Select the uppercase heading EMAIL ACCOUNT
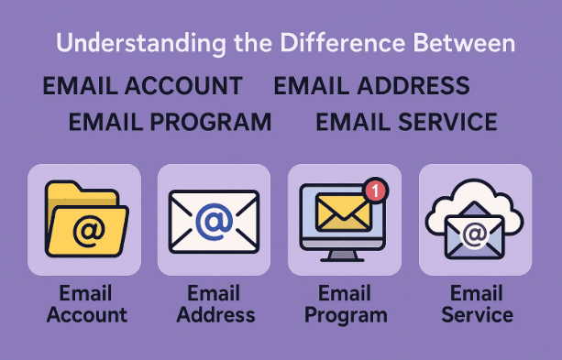coord(142,86)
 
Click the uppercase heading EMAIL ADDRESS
coord(371,86)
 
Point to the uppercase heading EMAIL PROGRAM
coord(171,122)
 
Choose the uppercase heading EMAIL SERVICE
coord(406,122)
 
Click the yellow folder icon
coord(83,220)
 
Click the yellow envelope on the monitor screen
coord(342,213)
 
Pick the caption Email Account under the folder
coord(86,304)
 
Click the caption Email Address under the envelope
coord(214,304)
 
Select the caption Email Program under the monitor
coord(344,304)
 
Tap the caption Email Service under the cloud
coord(477,304)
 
